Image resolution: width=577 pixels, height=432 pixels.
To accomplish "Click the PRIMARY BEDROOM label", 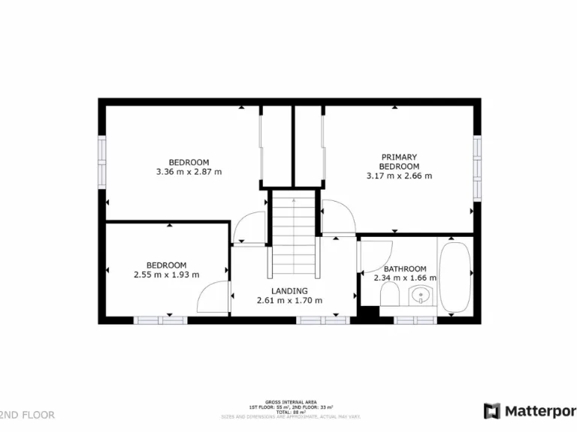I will point(399,161).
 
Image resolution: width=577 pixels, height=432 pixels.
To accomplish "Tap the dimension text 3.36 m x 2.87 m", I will point(189,172).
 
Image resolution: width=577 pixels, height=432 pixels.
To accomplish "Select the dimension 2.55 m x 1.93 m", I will point(166,274).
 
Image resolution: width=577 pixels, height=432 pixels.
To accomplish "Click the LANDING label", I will point(289,291).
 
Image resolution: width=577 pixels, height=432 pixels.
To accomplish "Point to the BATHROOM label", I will point(405,269).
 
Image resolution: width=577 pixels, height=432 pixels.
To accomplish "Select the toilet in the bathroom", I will point(390,299).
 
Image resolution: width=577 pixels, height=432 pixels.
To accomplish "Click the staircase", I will point(294,234).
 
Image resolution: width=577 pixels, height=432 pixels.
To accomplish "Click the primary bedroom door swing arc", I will point(340,217).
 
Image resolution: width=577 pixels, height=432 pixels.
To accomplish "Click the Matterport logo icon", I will point(492,411).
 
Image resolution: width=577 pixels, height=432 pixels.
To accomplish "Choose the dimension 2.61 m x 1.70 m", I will point(289,301).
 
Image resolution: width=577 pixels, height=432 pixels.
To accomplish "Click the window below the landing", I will point(323,320).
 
